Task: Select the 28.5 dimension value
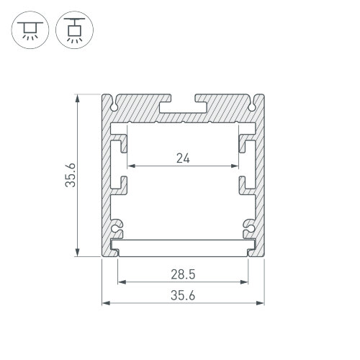coord(183,274)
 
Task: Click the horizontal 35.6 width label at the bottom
coord(183,295)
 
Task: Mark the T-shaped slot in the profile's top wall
coord(183,107)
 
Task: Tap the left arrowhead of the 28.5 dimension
coord(120,283)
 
